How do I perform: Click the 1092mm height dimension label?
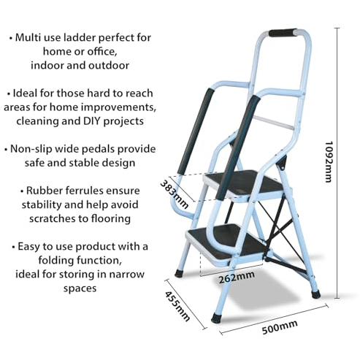click(x=329, y=161)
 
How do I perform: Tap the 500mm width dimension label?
click(x=280, y=327)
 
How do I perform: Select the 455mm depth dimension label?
click(x=177, y=306)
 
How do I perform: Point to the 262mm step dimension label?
click(x=237, y=277)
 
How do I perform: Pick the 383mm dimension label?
click(x=174, y=194)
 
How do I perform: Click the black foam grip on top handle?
click(x=283, y=33)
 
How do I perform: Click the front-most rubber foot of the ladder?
click(x=216, y=318)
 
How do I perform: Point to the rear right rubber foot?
click(x=315, y=294)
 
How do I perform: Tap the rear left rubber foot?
click(x=179, y=273)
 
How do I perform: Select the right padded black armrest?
click(x=238, y=148)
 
